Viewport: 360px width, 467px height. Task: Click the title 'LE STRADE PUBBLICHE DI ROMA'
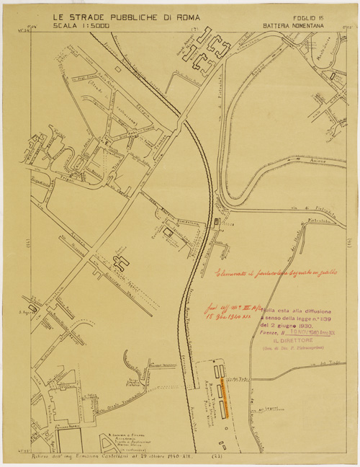pyautogui.click(x=122, y=16)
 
